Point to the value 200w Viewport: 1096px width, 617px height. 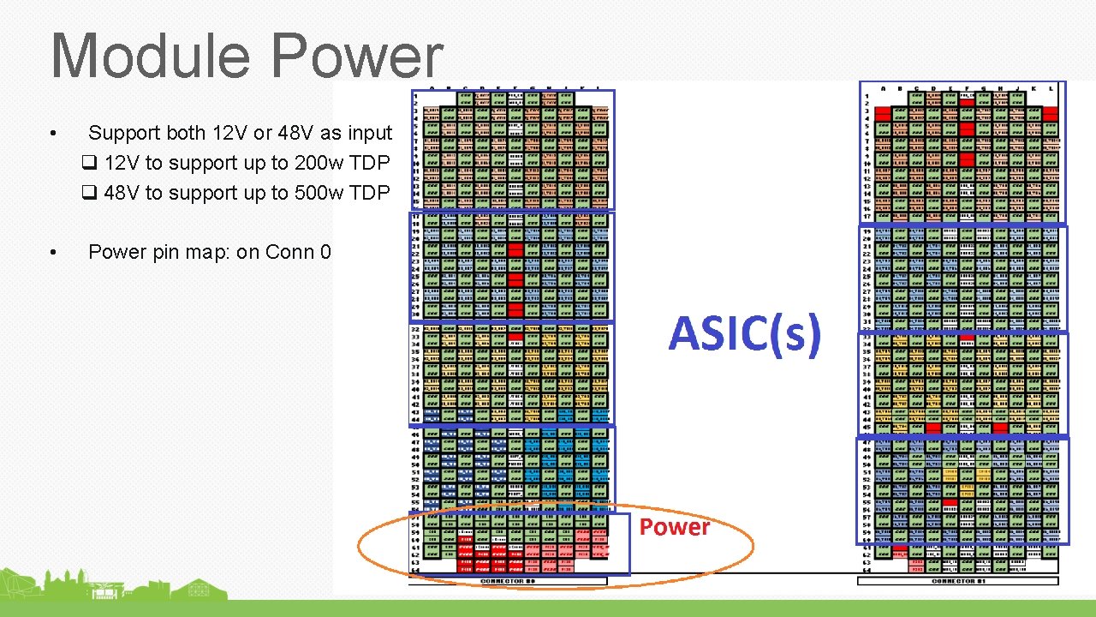(321, 163)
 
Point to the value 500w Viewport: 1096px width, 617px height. (321, 193)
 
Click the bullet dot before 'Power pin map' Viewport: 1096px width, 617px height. (53, 253)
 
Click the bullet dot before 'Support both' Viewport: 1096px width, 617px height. (53, 134)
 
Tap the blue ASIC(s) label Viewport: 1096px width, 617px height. (744, 333)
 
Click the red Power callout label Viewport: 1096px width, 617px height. (675, 527)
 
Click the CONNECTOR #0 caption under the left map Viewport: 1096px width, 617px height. (508, 581)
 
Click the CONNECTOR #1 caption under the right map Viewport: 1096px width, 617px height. (957, 581)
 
